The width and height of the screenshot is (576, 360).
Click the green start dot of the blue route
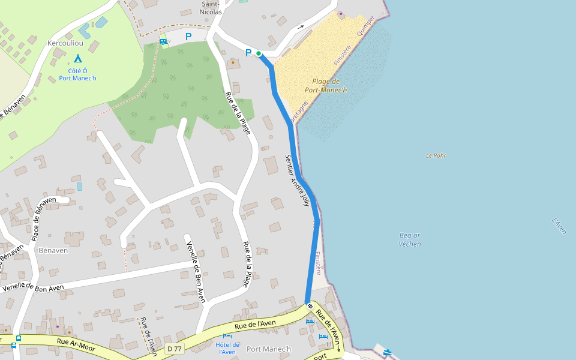click(x=259, y=53)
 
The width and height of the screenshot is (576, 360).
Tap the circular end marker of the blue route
click(x=310, y=306)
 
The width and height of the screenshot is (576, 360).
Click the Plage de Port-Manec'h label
click(x=326, y=86)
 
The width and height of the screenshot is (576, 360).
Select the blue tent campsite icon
click(x=77, y=59)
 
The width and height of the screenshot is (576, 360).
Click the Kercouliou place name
click(x=65, y=43)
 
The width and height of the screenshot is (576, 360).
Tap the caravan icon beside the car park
click(x=163, y=41)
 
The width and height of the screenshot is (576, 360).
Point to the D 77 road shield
click(x=174, y=349)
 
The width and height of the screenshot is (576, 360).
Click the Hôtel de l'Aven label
click(x=227, y=348)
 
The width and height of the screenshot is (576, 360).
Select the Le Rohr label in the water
click(x=436, y=156)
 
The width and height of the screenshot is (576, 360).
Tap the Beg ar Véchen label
click(x=410, y=239)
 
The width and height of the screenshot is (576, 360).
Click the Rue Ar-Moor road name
click(x=76, y=341)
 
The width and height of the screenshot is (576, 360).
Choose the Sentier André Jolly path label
click(x=298, y=181)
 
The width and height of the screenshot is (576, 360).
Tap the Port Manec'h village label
click(x=268, y=349)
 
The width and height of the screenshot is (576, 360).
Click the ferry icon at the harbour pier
click(x=388, y=352)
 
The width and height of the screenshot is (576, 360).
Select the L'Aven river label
click(x=559, y=226)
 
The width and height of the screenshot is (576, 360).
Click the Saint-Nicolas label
click(x=211, y=7)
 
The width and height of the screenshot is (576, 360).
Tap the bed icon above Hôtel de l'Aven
click(x=227, y=336)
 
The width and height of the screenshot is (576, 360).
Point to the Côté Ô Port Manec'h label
click(x=77, y=74)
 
